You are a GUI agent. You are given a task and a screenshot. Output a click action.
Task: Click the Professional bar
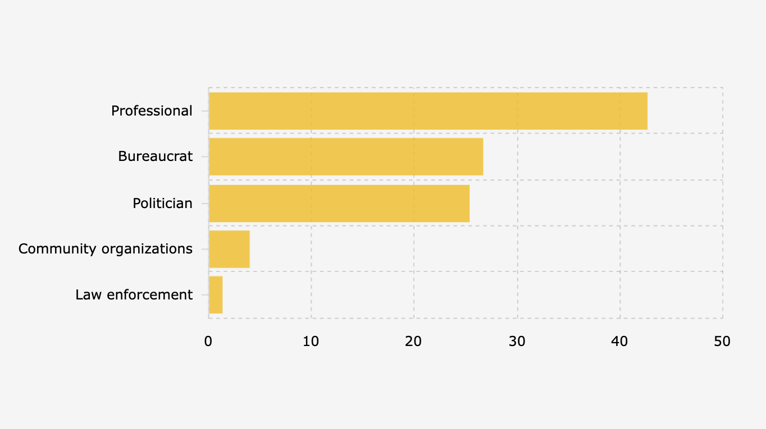tap(428, 111)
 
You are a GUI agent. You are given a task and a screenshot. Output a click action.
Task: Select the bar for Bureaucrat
tap(346, 156)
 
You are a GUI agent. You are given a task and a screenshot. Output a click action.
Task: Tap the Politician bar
tap(339, 203)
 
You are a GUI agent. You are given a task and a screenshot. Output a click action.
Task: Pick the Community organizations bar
tap(229, 249)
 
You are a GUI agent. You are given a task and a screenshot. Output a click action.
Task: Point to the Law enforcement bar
tap(216, 295)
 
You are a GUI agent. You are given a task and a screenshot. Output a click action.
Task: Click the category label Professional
tap(152, 111)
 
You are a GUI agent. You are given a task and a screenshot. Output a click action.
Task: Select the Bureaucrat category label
tap(155, 156)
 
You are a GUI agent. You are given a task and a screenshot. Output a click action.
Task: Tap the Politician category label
tap(162, 203)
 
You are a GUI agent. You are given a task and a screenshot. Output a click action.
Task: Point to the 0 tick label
tap(208, 341)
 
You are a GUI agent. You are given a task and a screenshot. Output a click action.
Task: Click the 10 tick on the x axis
tap(311, 341)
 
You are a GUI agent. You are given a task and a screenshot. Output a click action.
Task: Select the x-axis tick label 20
tap(413, 341)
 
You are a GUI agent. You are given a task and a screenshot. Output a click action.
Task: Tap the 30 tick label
tap(517, 341)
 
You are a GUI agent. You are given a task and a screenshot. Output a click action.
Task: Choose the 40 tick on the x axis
tap(619, 341)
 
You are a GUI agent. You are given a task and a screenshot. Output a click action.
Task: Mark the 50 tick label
tap(722, 341)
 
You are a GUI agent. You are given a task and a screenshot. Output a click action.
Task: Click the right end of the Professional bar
tap(647, 111)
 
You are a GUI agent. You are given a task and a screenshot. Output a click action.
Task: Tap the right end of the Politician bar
tap(469, 203)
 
